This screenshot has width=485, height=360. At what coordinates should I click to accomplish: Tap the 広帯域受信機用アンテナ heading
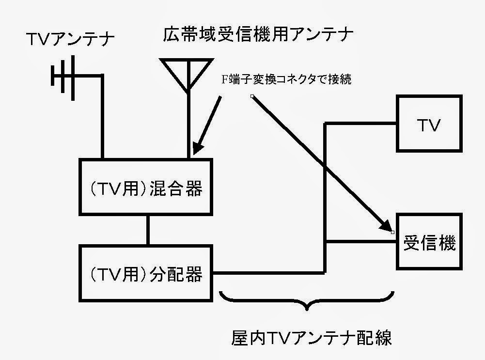(259, 34)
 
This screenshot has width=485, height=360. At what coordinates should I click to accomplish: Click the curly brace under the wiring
(307, 300)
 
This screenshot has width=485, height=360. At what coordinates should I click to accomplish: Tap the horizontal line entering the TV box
(361, 124)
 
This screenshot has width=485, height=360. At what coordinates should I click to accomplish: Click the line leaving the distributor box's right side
(266, 272)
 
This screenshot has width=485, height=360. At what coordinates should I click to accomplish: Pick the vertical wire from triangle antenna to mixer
(189, 126)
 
